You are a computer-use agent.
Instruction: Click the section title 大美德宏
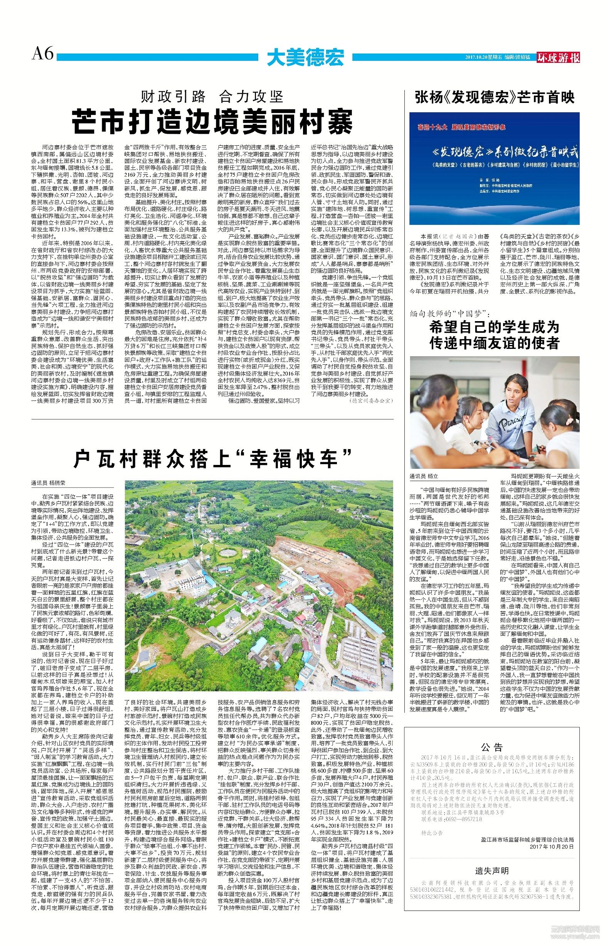click(305, 57)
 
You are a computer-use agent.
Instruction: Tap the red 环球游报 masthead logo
click(558, 57)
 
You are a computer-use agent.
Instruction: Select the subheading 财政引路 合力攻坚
click(212, 96)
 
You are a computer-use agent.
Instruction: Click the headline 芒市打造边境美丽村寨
click(212, 122)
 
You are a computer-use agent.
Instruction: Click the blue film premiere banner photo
click(494, 168)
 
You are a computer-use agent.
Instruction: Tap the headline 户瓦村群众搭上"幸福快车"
click(213, 458)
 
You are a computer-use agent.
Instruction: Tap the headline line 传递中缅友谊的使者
click(495, 343)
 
